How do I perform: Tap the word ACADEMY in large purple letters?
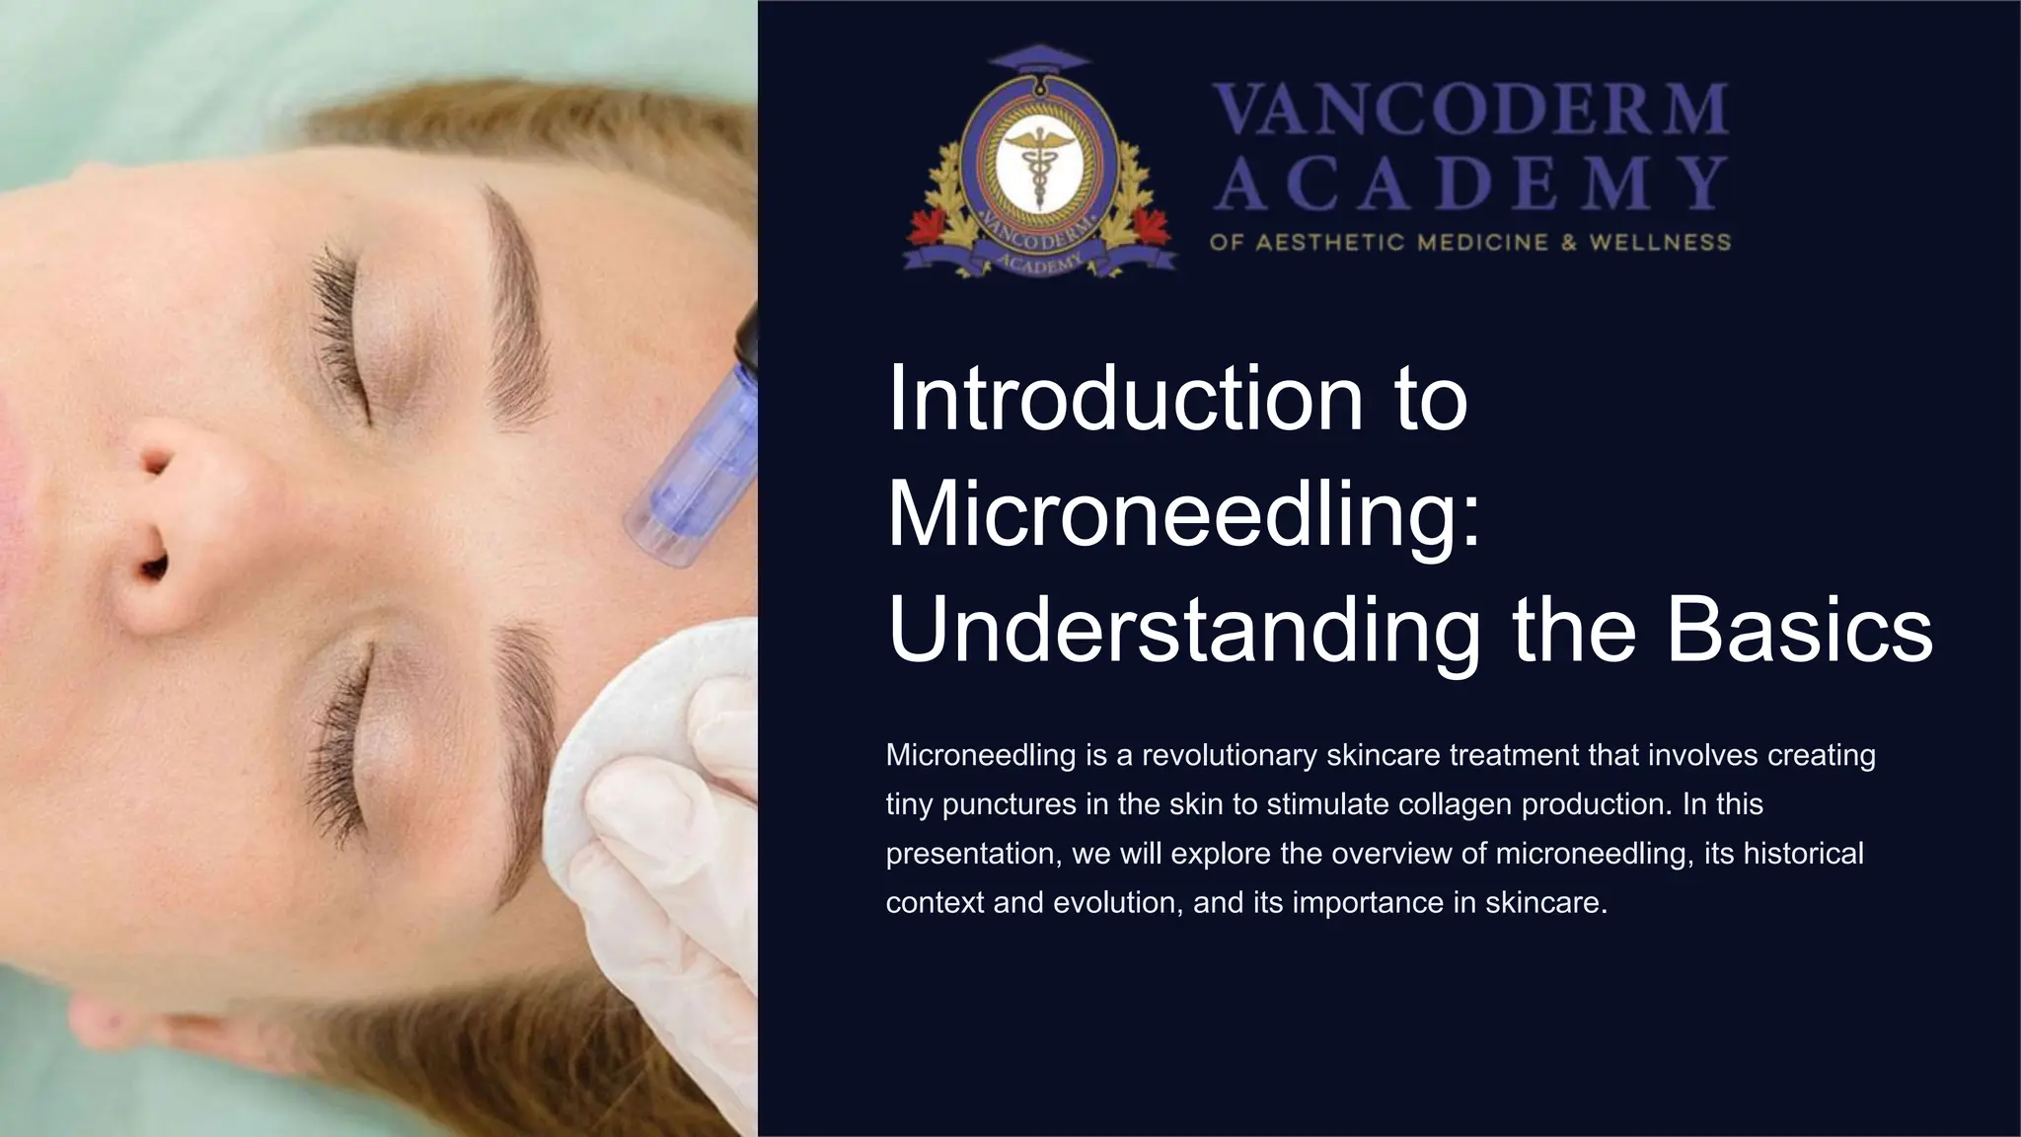click(x=1470, y=185)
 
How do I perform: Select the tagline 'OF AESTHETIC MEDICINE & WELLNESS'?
click(x=1470, y=242)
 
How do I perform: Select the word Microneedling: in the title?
click(x=1184, y=515)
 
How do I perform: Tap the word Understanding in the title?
click(x=1184, y=632)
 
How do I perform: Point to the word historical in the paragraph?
click(x=1803, y=853)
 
